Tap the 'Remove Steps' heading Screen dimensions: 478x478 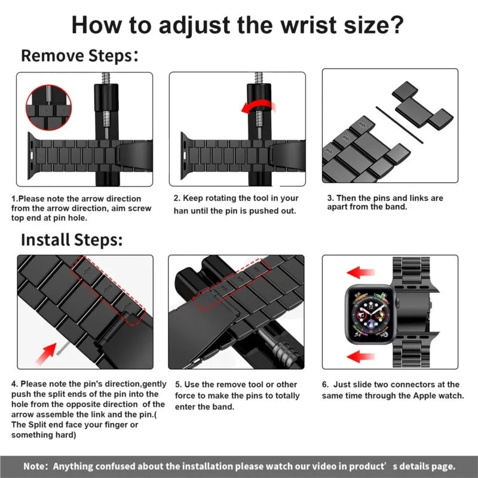tap(76, 56)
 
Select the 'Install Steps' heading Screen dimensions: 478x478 tap(72, 240)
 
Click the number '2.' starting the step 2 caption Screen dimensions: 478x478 tap(177, 198)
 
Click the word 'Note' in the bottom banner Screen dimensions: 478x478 tap(35, 466)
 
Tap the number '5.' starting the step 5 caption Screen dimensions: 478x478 tap(179, 385)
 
